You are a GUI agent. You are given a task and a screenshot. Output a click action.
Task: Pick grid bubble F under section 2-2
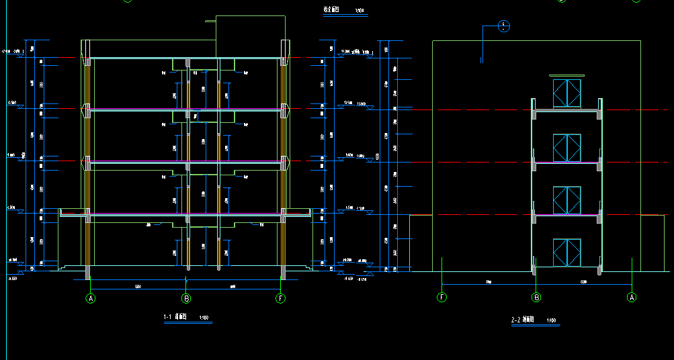441,297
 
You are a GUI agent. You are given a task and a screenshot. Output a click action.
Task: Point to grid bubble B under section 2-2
536,297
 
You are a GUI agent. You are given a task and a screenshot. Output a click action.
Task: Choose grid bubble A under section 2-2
631,297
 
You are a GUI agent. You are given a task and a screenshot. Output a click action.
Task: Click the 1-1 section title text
175,317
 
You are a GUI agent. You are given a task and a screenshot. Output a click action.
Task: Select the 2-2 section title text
521,320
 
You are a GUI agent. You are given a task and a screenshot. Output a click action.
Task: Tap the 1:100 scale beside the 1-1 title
204,318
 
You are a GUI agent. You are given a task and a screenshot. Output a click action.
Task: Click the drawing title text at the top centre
331,11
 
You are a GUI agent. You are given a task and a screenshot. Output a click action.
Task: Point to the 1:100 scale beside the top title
360,11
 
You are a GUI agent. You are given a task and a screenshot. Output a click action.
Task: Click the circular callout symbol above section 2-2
504,27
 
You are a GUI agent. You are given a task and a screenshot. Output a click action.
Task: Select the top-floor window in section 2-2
566,93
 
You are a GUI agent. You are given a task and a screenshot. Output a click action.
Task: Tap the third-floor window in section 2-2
566,148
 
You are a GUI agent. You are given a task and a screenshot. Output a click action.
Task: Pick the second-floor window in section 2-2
566,199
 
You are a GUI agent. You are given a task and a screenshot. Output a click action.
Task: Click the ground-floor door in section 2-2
566,253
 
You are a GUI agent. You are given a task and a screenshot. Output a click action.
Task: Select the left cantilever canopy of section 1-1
73,213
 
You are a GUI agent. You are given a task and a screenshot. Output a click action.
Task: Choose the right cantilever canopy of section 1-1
298,213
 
